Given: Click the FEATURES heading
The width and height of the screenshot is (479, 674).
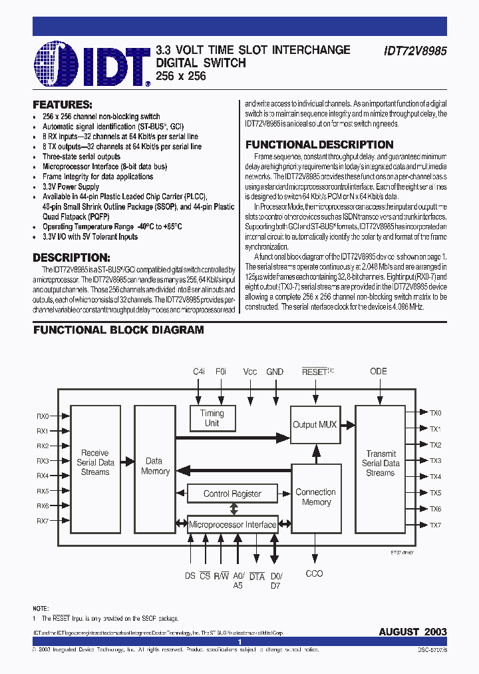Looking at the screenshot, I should tap(63, 105).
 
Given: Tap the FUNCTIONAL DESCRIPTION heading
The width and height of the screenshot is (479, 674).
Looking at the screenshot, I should tap(319, 145).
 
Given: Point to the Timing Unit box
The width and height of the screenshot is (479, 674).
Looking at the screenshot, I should tap(212, 418).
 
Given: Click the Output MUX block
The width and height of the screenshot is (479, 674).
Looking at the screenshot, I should tap(315, 424).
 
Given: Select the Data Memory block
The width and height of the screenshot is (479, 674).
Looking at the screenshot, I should tap(155, 466).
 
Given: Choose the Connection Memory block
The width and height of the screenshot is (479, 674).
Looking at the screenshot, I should tap(315, 497).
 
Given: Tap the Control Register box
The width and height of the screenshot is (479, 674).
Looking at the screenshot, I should tap(232, 494).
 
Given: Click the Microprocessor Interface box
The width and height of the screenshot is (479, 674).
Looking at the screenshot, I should tap(232, 525).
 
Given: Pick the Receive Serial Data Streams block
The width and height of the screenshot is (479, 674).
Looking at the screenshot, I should tap(95, 462).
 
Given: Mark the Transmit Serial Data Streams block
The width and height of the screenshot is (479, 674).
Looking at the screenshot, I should tap(381, 463).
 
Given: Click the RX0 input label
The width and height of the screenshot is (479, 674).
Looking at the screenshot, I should tap(43, 416).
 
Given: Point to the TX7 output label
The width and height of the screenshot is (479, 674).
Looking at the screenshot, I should tap(436, 525).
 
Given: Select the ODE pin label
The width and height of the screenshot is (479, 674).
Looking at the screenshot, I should tap(379, 372).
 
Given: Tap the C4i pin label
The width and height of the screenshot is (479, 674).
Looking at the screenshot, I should tap(199, 372).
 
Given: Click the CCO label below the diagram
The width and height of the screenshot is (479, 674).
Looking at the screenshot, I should tap(314, 573).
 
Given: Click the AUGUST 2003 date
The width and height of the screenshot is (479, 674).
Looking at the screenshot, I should tap(412, 631).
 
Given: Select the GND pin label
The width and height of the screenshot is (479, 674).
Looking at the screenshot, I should tap(275, 372).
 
